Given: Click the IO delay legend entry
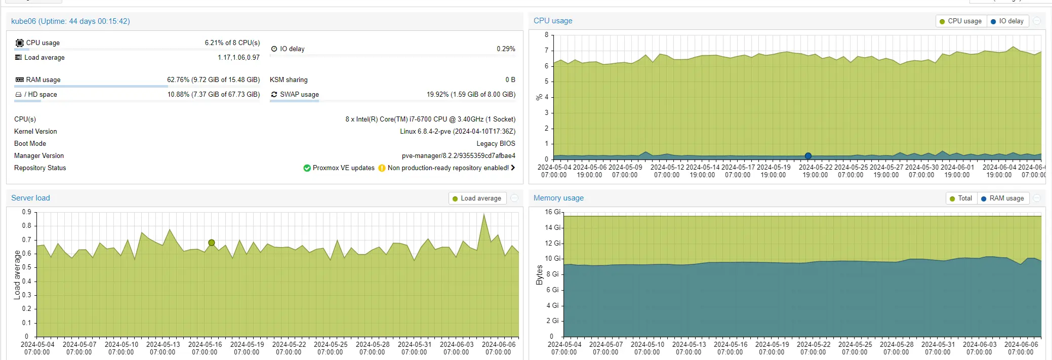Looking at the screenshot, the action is (x=1007, y=21).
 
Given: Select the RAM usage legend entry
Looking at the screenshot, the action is (x=1002, y=198).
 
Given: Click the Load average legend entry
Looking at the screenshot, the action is (x=477, y=198).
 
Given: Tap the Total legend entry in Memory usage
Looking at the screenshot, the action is (x=961, y=198).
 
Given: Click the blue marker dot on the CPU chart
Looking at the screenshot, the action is (x=808, y=156).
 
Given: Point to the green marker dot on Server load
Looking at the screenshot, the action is (x=212, y=243).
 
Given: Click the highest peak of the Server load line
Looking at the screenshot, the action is (x=484, y=214).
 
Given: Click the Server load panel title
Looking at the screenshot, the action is (x=30, y=198).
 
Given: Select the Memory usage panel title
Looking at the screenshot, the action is (x=558, y=198).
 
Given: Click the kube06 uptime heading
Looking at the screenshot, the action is (x=70, y=21).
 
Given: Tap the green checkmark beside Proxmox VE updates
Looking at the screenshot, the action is (x=307, y=168).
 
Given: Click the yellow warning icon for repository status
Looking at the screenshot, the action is (x=382, y=168).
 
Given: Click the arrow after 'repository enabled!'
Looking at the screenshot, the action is (x=513, y=168).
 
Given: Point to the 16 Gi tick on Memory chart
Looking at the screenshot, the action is (x=552, y=212).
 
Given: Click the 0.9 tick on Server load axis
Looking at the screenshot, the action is (x=26, y=212).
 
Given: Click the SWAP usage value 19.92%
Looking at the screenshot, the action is (x=437, y=95).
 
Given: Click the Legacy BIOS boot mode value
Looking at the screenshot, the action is (x=496, y=144).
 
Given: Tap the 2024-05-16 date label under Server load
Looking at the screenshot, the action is (x=205, y=344).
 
